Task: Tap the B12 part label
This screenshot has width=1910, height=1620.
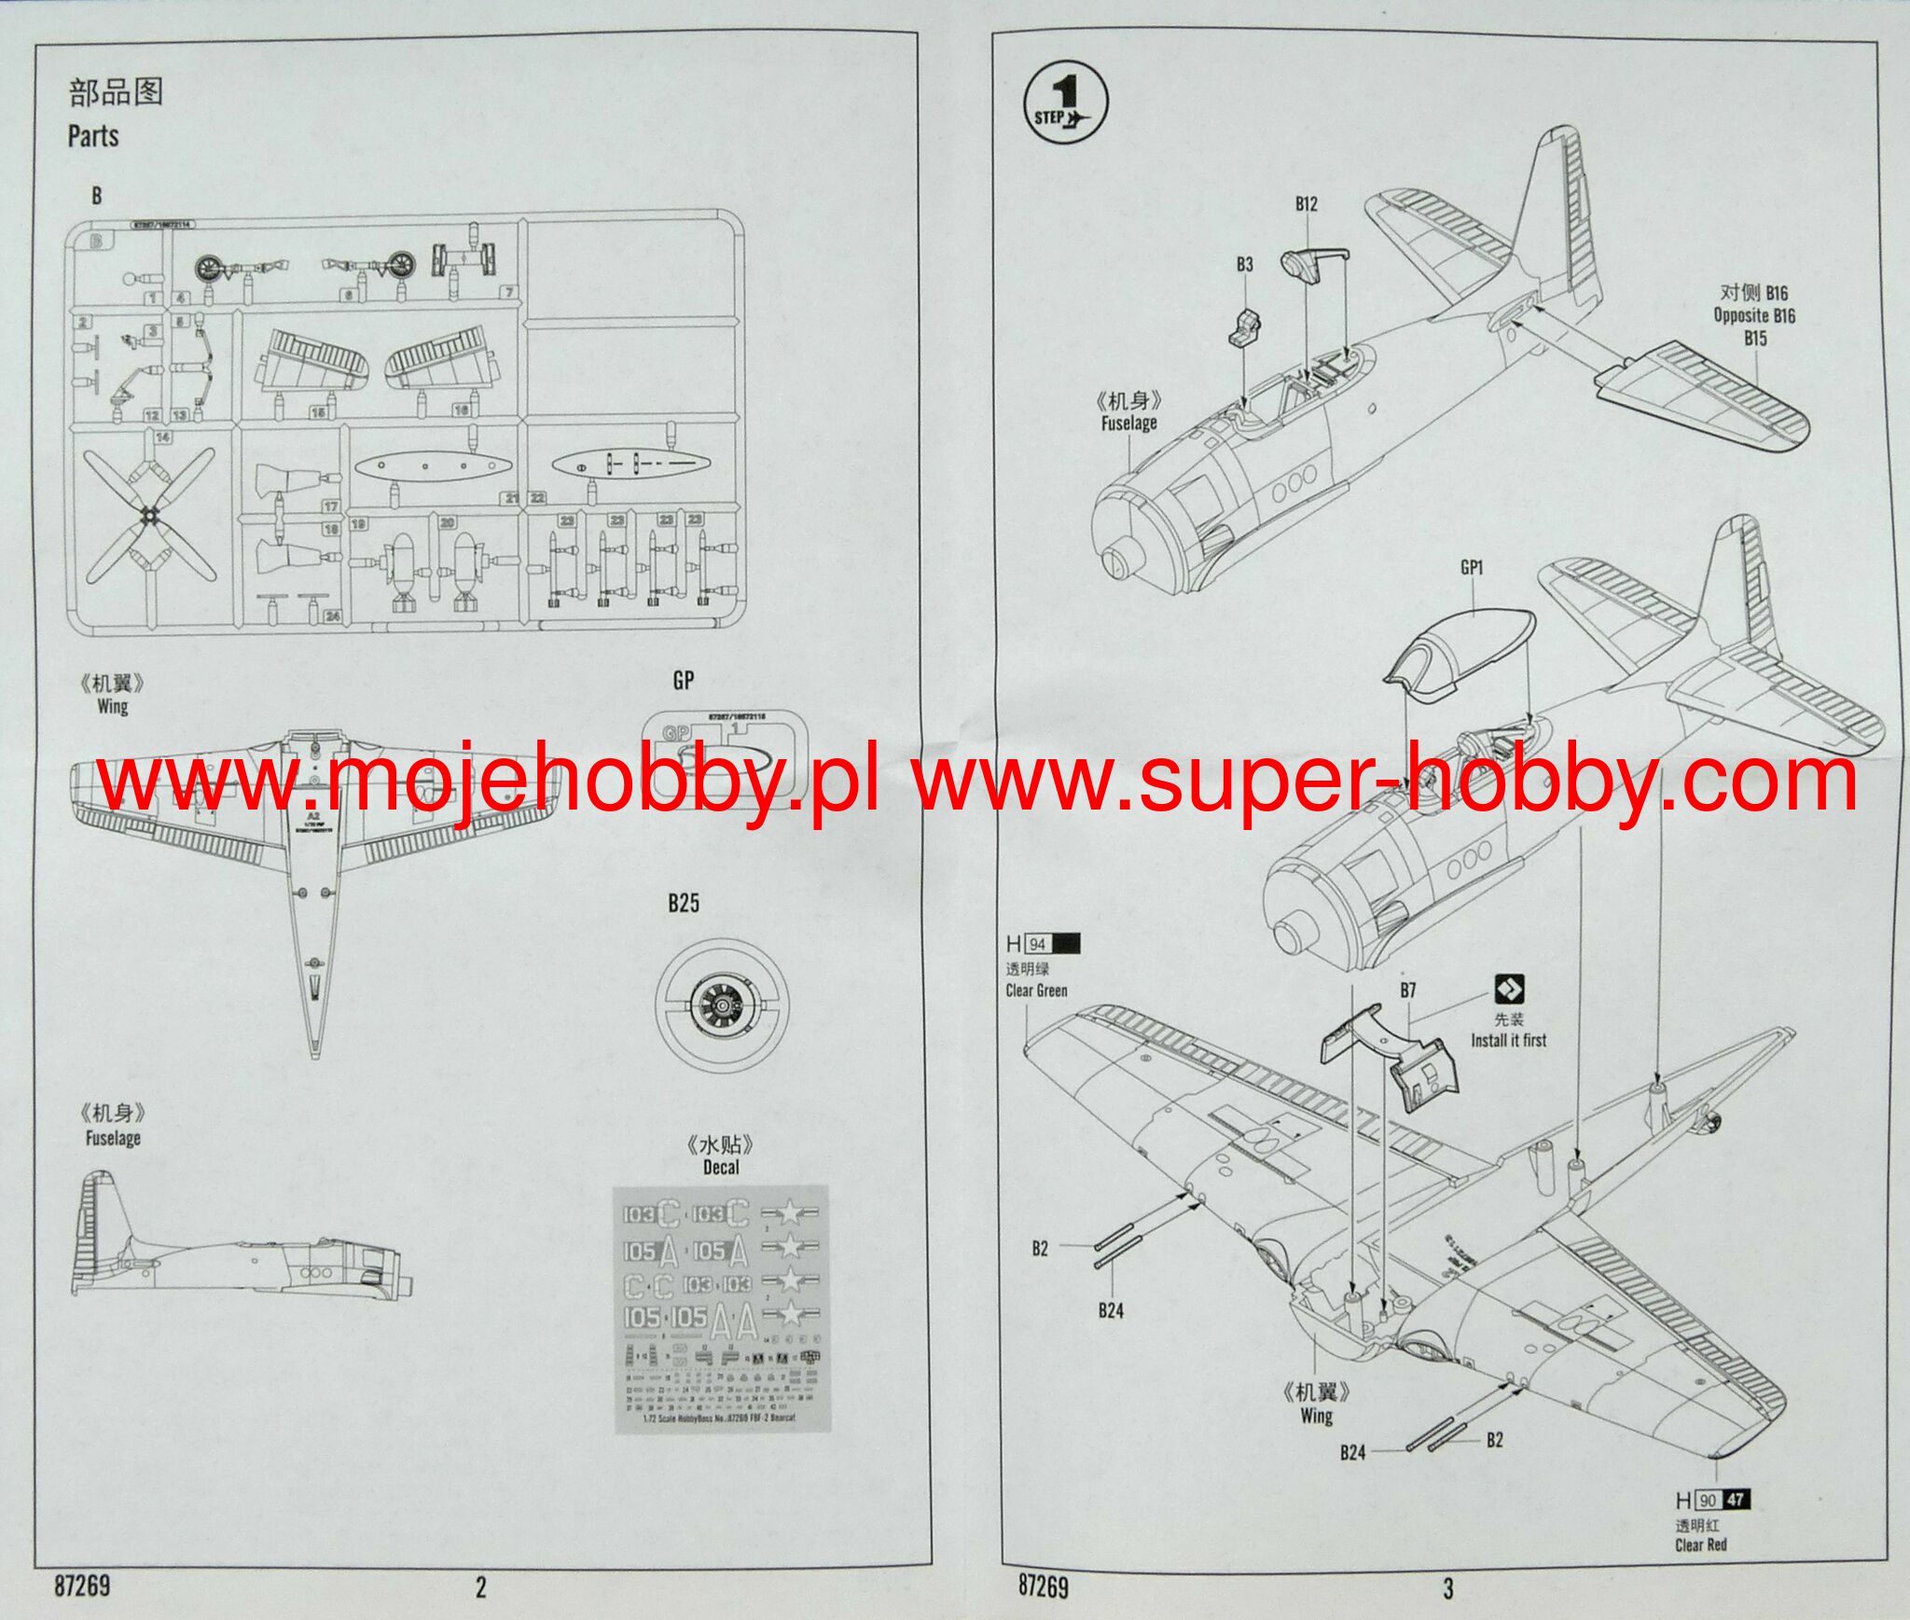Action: pos(1306,204)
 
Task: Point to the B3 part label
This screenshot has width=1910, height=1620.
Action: pos(1245,265)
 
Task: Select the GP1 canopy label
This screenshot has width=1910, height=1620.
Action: pos(1472,567)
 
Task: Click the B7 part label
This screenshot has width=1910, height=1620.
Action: pos(1408,990)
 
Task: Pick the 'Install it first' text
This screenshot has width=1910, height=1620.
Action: pos(1508,1040)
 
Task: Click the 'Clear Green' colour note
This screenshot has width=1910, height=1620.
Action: pos(1036,990)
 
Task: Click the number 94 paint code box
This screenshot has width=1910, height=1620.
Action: pos(1037,944)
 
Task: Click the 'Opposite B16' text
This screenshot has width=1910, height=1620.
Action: pos(1754,315)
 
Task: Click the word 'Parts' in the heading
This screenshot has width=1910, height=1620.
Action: pos(93,136)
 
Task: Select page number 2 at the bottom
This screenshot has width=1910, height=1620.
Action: pos(480,1587)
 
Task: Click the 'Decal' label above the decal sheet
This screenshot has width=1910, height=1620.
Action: pos(720,1167)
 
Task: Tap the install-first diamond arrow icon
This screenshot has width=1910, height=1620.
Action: pos(1508,990)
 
